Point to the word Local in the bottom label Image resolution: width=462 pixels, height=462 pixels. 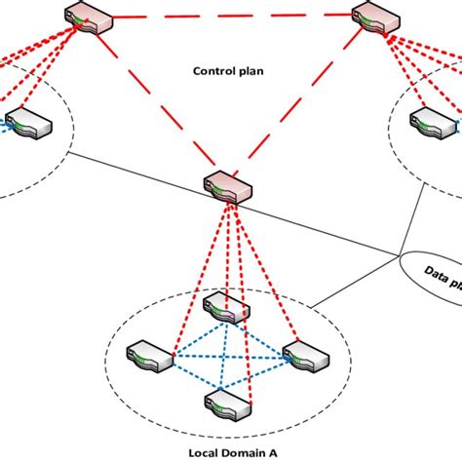[x=191, y=449]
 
